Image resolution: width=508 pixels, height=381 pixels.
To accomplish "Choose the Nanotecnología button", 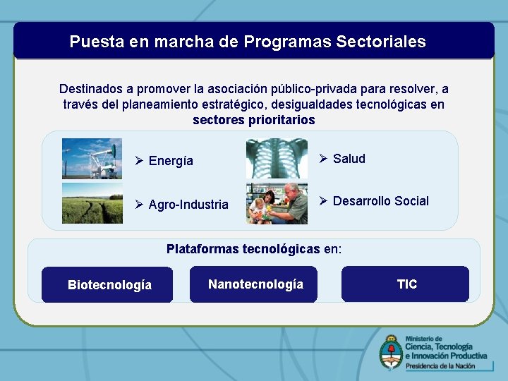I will click(x=254, y=284).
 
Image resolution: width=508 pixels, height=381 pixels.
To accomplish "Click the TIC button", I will click(x=406, y=284).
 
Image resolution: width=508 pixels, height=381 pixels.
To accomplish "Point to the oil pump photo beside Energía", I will click(x=92, y=159).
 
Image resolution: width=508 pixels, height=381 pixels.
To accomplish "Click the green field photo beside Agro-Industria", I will click(x=92, y=203).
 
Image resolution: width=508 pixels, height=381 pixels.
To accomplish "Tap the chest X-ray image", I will click(x=277, y=159).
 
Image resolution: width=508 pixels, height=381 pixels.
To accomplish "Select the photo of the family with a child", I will click(x=277, y=203).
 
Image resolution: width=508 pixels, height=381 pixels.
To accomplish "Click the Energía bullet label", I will click(x=170, y=161).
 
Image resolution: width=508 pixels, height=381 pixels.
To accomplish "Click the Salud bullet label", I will click(x=349, y=159).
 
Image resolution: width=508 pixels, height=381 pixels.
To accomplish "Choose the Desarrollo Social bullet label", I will click(x=380, y=201).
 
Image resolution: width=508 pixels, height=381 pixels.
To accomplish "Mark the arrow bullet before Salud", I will click(x=323, y=159).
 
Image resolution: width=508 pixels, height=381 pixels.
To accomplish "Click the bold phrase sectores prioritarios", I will click(x=254, y=119).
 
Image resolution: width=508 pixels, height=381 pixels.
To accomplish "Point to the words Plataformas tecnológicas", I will click(x=243, y=249).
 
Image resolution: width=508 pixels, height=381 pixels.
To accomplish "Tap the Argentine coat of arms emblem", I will click(x=390, y=351).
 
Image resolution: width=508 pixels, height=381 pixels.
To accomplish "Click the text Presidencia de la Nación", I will click(x=445, y=365).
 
